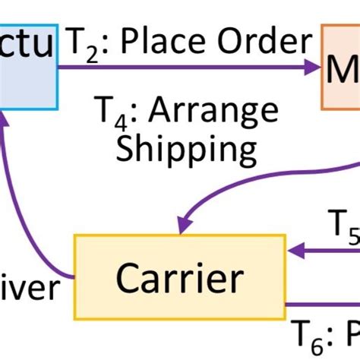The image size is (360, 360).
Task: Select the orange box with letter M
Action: coord(341,68)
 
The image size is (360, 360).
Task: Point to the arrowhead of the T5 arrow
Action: coord(293,248)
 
